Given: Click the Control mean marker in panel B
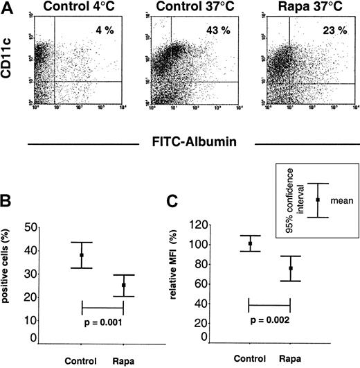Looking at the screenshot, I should point(82,255).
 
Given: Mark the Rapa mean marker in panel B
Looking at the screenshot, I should point(123,285).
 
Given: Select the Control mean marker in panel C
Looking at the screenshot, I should point(249,243).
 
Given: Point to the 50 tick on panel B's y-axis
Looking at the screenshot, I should point(30,227).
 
